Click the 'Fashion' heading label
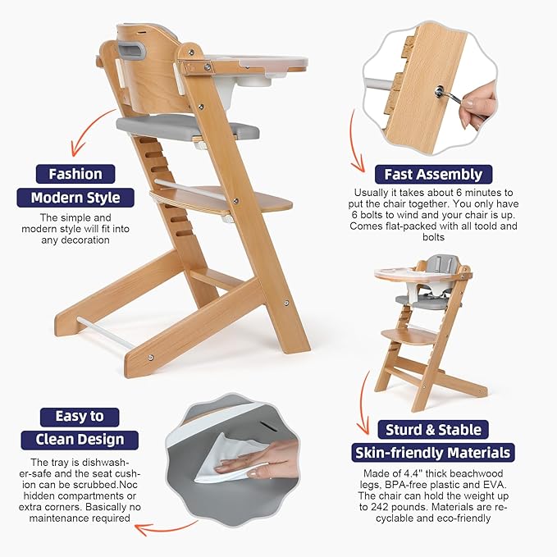point(75,174)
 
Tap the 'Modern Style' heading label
point(75,198)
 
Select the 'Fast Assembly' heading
point(432,174)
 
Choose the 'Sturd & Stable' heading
point(432,429)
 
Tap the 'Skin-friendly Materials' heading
point(432,453)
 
